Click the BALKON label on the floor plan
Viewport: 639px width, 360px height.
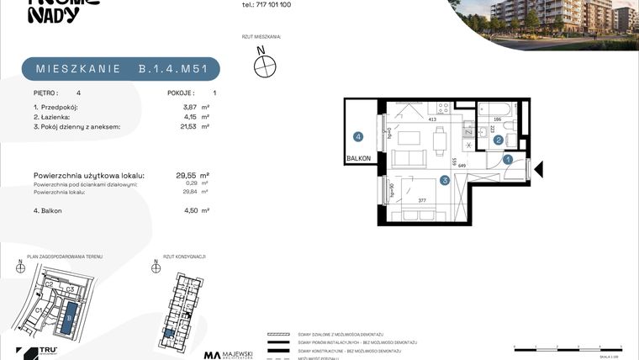[x=358, y=157]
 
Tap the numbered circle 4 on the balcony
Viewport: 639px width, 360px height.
[x=358, y=136]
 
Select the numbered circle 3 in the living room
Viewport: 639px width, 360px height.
[x=444, y=180]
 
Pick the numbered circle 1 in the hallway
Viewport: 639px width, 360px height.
[x=508, y=159]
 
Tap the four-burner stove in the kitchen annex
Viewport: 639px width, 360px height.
[x=440, y=109]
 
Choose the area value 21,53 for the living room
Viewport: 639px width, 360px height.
[x=172, y=126]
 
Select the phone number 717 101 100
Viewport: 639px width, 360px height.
[x=267, y=4]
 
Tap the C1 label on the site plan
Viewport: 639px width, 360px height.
[x=39, y=310]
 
